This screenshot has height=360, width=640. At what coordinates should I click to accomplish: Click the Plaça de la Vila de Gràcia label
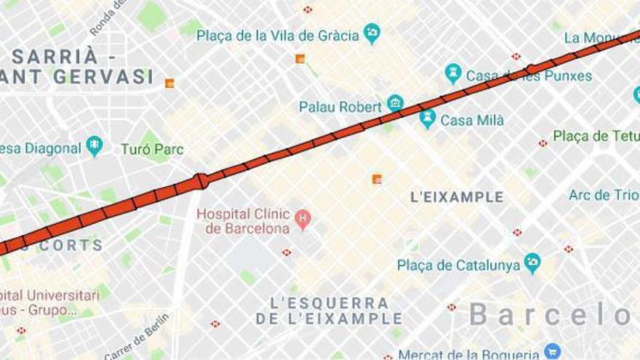[x=278, y=35]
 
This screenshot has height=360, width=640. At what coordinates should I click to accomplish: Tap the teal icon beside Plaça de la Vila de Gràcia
[x=372, y=33]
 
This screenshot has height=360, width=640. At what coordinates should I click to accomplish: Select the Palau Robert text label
[x=340, y=107]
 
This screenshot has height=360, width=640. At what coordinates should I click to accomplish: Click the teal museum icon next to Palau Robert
[x=395, y=103]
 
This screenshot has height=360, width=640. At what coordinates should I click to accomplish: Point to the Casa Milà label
[x=472, y=121]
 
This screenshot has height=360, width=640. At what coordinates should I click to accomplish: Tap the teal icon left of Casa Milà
[x=428, y=119]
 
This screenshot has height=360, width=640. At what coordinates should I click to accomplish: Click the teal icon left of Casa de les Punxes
[x=453, y=73]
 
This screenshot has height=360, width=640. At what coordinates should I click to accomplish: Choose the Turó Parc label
[x=152, y=150]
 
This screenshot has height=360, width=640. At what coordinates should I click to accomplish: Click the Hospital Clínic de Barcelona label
[x=244, y=221]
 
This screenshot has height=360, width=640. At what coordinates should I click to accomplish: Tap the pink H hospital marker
[x=302, y=217]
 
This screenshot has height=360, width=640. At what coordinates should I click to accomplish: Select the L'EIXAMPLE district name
[x=457, y=197]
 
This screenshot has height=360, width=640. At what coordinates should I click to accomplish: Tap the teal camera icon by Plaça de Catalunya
[x=532, y=263]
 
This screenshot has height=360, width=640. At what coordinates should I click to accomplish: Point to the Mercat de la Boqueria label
[x=468, y=354]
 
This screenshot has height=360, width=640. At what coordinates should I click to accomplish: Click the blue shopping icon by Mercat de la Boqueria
[x=552, y=352]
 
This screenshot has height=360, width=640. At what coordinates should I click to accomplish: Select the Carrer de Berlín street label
[x=137, y=336]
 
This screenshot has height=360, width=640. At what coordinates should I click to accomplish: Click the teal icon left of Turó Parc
[x=95, y=146]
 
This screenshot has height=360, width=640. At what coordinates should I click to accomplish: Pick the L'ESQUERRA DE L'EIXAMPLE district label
[x=329, y=311]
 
